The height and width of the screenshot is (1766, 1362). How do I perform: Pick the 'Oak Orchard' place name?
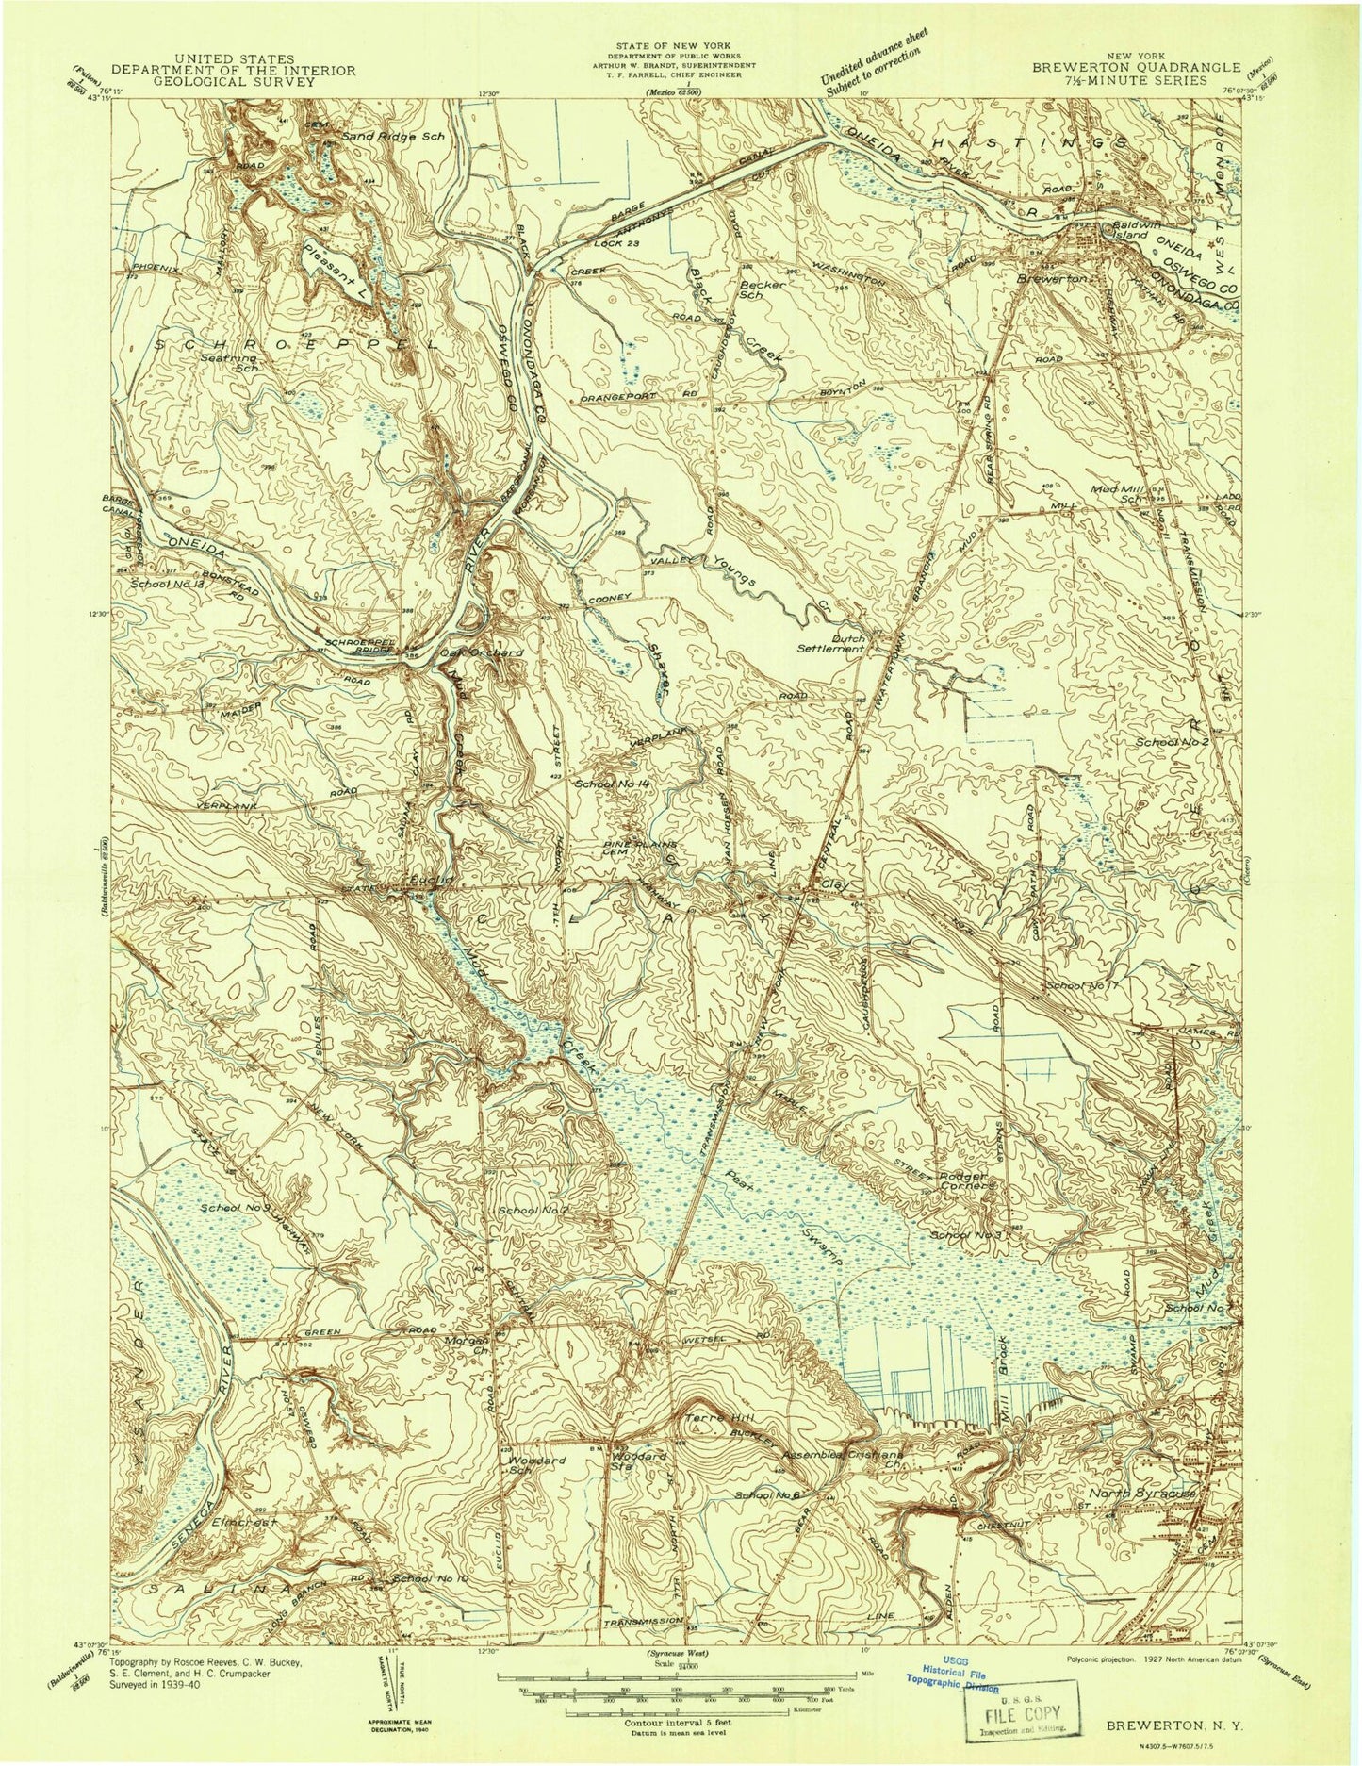coord(480,651)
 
